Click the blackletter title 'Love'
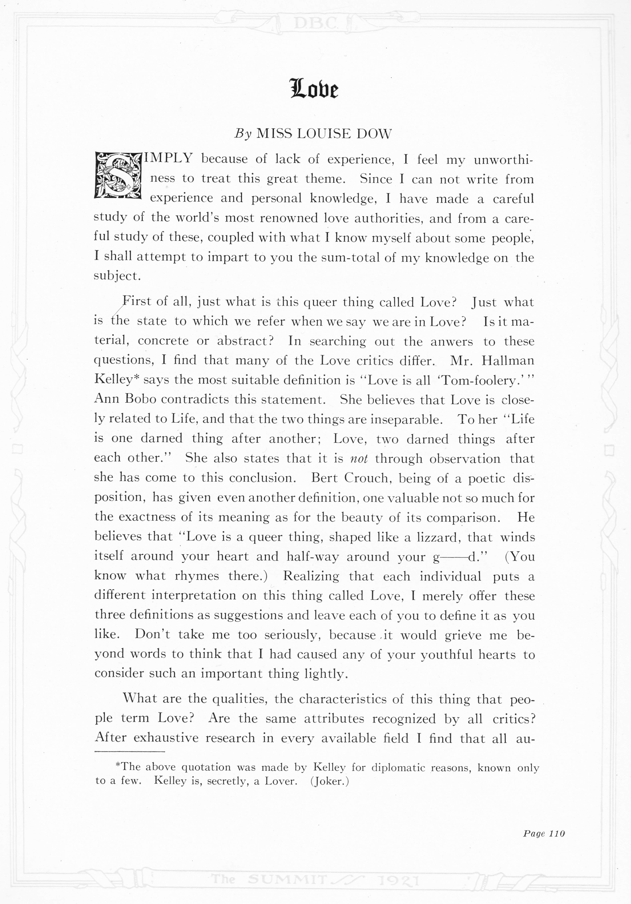pos(314,89)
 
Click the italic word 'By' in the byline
pos(243,134)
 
